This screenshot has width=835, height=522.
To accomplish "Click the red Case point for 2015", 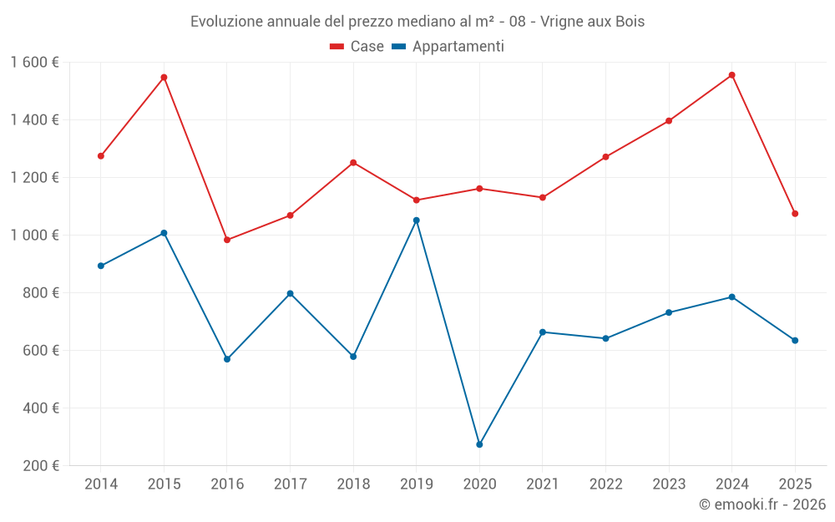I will pos(164,77).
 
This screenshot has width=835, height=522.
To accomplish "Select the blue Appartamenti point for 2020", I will pos(479,444).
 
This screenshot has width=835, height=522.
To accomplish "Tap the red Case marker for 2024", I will pos(731,75).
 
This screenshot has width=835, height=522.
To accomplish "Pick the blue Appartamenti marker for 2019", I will pos(417,220).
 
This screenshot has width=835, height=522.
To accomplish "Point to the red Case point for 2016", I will pos(227,240).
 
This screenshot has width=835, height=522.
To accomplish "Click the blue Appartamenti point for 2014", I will pos(101,266).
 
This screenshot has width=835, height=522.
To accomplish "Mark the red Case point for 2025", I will pos(795,214).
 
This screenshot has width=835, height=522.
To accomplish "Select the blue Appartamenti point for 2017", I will pos(290,293).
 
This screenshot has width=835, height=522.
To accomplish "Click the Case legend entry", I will pos(357,47).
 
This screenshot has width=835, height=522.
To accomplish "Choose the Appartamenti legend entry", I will pos(448,47).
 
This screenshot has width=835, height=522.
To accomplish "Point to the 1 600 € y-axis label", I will pos(34,63).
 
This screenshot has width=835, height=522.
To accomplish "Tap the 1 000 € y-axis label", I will pos(34,236).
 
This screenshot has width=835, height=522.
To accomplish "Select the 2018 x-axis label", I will pos(353,484).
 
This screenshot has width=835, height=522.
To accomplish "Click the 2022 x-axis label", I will pos(605,484).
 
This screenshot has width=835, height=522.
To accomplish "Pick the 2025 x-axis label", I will pos(795,484).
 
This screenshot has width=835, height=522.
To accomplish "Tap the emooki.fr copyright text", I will pos(762,504).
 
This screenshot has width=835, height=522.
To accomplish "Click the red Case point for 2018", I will pos(353,163).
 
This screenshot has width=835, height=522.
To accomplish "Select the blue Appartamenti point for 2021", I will pos(543,332).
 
